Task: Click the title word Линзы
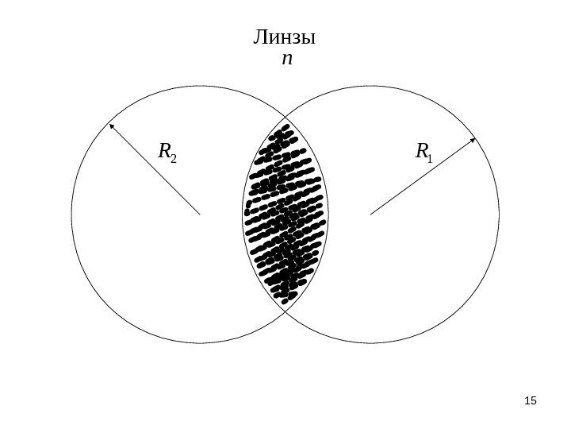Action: click(x=284, y=37)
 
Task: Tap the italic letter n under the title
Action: click(x=286, y=59)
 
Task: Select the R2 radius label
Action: click(x=167, y=151)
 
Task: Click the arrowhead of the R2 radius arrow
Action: click(x=112, y=124)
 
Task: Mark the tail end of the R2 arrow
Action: click(x=200, y=214)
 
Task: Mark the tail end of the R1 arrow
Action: click(x=370, y=214)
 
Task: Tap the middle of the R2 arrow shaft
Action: click(x=155, y=168)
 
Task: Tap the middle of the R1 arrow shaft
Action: click(x=422, y=177)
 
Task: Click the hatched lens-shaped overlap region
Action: click(x=285, y=214)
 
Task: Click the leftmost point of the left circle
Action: click(x=71, y=214)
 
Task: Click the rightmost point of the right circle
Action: click(x=500, y=214)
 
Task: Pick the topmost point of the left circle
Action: click(x=200, y=86)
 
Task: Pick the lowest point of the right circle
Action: click(x=371, y=343)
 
